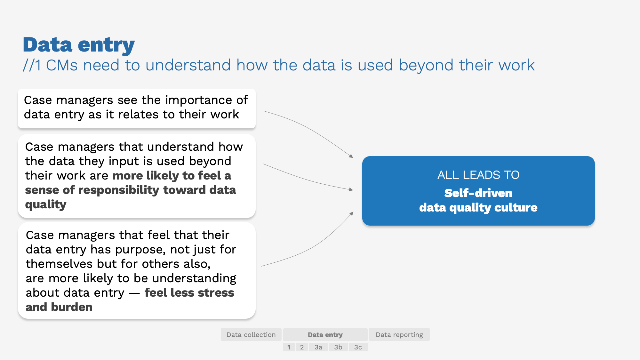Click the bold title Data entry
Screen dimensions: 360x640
point(79,45)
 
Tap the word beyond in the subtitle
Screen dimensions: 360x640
point(426,65)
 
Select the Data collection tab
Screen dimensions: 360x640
point(251,335)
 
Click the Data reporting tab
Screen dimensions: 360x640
point(399,335)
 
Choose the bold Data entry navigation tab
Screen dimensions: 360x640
point(325,335)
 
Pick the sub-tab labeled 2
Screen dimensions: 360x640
point(302,347)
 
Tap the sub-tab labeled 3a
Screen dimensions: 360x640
point(318,347)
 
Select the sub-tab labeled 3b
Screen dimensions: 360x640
point(338,347)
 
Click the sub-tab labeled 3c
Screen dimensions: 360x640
point(358,347)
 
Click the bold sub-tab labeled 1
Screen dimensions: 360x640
point(289,347)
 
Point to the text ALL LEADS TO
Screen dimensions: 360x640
point(478,175)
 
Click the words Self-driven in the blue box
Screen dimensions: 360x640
point(478,193)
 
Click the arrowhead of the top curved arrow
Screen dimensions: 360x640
point(351,156)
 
